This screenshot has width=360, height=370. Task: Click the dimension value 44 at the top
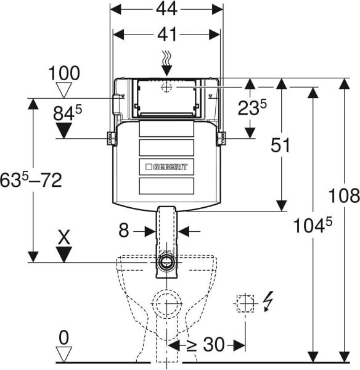pos(166,9)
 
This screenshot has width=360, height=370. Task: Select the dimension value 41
pos(167,35)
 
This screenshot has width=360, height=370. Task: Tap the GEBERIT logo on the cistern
pos(166,167)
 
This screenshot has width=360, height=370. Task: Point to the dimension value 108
pos(344,195)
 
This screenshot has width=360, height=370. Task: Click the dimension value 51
pos(280,146)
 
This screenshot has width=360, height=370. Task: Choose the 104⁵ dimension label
pos(313,225)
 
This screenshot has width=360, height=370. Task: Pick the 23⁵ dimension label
pos(252,107)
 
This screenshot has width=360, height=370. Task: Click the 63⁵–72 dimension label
pos(31,180)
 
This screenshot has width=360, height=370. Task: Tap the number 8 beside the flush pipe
pos(124,230)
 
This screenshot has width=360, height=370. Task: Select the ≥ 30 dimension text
pos(205,345)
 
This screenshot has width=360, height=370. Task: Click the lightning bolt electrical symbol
pos(268,302)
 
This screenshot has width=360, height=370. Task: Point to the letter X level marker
pos(64,237)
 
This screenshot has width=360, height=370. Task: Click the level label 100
pos(64,73)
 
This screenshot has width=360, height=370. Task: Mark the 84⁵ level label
pos(67,113)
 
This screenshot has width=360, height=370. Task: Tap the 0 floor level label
pos(63,338)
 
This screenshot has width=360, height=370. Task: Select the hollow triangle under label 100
pos(63,90)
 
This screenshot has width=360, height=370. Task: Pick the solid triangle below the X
pos(64,254)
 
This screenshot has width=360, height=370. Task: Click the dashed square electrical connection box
pos(245,303)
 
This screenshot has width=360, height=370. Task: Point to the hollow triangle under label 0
pos(63,354)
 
